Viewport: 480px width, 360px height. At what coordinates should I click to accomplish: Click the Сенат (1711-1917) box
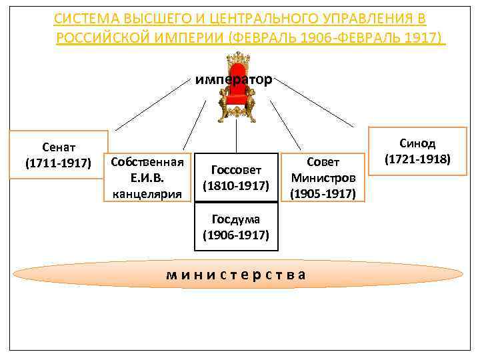coord(58,155)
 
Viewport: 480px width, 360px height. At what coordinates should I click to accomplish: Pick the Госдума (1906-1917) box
coord(236,227)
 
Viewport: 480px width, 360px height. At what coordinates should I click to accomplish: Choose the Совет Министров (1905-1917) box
coord(323,177)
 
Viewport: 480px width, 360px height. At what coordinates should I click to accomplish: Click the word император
coord(233,80)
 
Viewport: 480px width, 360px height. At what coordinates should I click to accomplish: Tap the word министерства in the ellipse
coord(236,274)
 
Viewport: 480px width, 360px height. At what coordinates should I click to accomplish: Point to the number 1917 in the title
coord(420,37)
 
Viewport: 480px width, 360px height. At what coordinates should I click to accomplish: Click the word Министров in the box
coord(323,178)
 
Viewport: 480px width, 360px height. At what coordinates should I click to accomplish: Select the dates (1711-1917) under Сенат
coord(58,163)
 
